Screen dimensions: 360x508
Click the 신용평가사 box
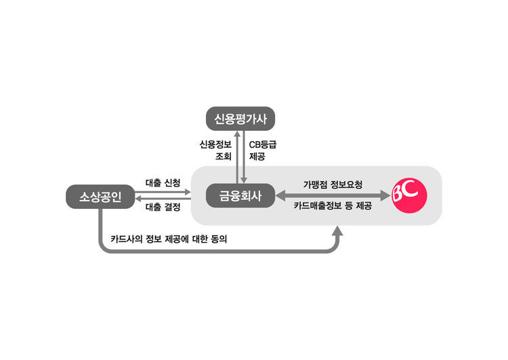pos(240,120)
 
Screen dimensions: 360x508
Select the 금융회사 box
pos(240,197)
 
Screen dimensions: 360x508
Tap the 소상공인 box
pos(100,197)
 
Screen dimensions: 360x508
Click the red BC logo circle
pos(409,196)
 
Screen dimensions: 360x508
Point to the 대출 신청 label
pos(163,183)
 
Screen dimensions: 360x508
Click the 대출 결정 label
pos(163,207)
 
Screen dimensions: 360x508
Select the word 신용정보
pos(215,144)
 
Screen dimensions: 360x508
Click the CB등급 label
pos(263,144)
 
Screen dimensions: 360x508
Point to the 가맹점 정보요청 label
pos(333,184)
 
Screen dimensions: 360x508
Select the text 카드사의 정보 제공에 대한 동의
pos(173,239)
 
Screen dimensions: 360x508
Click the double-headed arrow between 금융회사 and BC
pos(333,196)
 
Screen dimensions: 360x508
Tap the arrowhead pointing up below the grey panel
pos(337,232)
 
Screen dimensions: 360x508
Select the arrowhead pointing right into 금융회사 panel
pos(186,192)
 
